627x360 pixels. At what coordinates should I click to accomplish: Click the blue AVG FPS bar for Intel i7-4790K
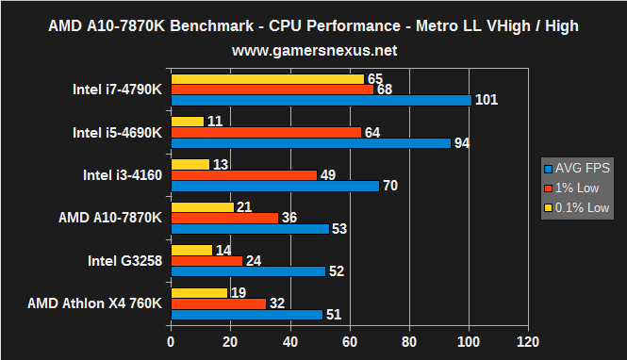(321, 100)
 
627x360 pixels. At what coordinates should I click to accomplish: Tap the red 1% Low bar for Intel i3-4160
(243, 175)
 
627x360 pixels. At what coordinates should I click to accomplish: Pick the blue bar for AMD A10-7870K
(249, 228)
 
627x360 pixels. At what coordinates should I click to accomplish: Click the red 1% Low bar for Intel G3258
(206, 261)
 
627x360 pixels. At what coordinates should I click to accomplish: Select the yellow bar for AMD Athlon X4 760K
(199, 293)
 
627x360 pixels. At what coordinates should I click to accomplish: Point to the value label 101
(487, 100)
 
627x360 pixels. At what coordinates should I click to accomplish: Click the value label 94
(462, 143)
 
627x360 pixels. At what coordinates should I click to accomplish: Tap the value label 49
(328, 175)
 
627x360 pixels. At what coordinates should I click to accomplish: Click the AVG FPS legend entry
(578, 168)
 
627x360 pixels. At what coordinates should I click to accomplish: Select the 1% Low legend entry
(574, 188)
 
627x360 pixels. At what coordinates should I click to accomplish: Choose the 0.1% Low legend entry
(578, 207)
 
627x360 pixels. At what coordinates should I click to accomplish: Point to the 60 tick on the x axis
(350, 340)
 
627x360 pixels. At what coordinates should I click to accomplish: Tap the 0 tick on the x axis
(171, 340)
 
